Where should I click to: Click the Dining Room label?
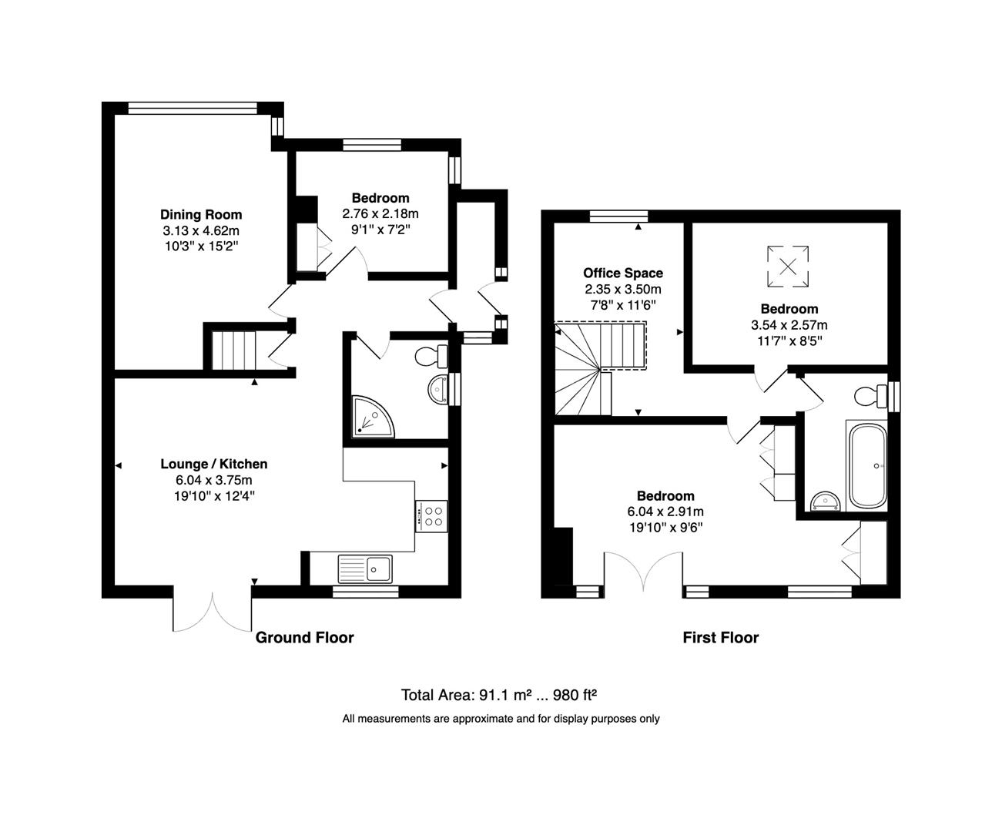point(201,214)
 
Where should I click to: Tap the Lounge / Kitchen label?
point(214,464)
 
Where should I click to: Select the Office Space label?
point(622,273)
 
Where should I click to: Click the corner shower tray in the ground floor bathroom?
point(371,416)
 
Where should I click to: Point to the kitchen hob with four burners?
point(431,515)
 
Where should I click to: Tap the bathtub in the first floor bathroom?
point(866,465)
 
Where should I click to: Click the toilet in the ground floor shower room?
point(430,357)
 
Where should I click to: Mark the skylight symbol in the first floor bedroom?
point(787,266)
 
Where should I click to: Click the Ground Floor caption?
point(304,637)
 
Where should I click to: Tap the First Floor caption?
point(720,637)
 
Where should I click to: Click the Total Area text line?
point(499,695)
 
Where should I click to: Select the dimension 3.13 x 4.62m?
point(201,230)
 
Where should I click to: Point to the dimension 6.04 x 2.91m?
point(665,512)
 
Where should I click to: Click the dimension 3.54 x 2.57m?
point(789,325)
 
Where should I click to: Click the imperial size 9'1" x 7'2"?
point(380,229)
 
